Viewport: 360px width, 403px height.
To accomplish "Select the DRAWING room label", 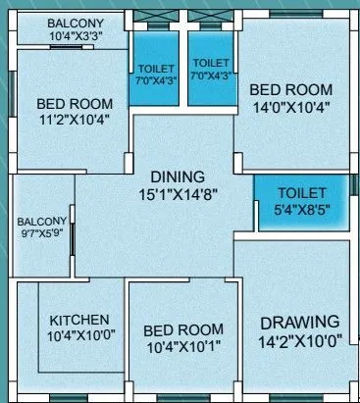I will click(300, 322).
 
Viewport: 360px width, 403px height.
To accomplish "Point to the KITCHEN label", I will click(79, 320).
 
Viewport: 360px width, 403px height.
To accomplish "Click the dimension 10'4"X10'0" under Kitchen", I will click(79, 336).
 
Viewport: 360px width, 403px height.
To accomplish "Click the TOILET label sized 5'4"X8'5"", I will click(299, 194).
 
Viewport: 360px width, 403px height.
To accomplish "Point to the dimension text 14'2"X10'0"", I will click(300, 342).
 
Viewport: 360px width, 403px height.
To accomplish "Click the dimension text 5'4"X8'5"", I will click(299, 209).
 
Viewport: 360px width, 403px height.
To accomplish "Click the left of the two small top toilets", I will click(155, 73).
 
